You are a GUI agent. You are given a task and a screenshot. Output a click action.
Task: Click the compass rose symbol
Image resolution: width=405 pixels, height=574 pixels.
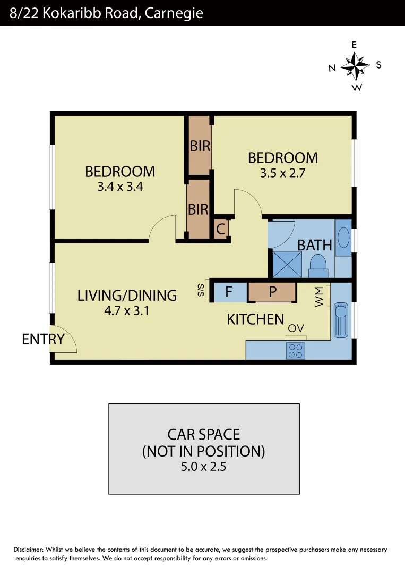point(355,66)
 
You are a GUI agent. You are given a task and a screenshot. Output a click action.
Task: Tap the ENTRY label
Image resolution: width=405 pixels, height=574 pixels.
point(43,339)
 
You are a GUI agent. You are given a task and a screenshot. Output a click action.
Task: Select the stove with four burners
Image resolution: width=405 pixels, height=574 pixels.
point(295,351)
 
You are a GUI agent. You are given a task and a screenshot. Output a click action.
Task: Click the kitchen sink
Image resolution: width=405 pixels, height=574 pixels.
point(340,320)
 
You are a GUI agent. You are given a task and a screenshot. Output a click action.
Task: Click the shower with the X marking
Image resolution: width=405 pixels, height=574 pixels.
point(287,264)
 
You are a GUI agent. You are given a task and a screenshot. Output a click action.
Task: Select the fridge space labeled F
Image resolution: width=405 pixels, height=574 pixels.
point(229,292)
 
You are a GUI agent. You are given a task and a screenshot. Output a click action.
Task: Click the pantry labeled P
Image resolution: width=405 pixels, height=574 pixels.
point(272,292)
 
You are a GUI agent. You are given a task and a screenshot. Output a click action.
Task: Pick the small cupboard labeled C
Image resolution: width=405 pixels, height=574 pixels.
point(221,230)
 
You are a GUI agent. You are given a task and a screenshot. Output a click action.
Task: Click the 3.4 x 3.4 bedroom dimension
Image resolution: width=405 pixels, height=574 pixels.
point(120,187)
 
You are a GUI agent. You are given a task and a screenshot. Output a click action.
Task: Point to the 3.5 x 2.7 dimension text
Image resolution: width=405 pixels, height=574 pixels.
point(283,173)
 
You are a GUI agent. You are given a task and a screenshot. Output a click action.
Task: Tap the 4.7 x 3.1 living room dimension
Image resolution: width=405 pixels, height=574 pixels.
point(127,311)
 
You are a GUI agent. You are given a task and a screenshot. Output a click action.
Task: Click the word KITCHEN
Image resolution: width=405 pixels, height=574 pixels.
point(255,319)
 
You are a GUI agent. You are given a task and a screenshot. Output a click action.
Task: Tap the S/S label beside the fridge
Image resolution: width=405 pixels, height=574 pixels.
point(201,290)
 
